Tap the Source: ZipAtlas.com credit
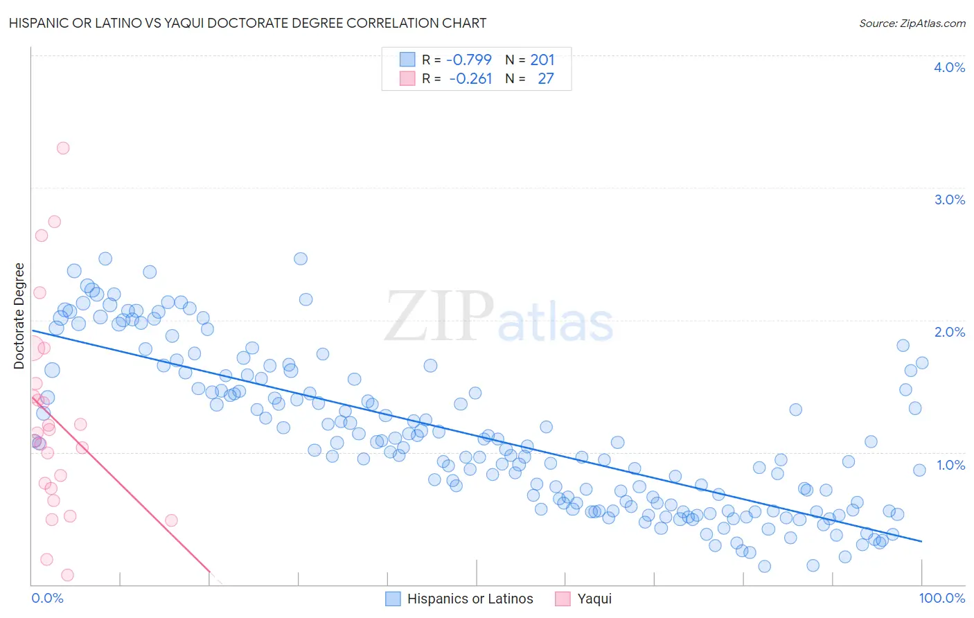point(912,23)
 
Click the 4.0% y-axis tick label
point(949,67)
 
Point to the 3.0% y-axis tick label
point(949,200)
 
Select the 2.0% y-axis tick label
point(949,332)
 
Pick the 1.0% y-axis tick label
point(950,465)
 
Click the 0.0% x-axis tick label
point(47,598)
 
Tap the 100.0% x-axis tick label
point(941,598)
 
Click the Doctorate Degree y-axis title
point(19,316)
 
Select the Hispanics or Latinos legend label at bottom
point(470,599)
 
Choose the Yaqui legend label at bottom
point(594,599)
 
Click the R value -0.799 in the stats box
point(468,60)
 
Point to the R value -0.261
point(470,79)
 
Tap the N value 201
point(542,60)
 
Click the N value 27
point(546,79)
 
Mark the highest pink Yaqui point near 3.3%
point(63,148)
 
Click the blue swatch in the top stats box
point(407,60)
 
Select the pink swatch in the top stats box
point(407,79)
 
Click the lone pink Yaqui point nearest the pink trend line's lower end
point(171,520)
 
